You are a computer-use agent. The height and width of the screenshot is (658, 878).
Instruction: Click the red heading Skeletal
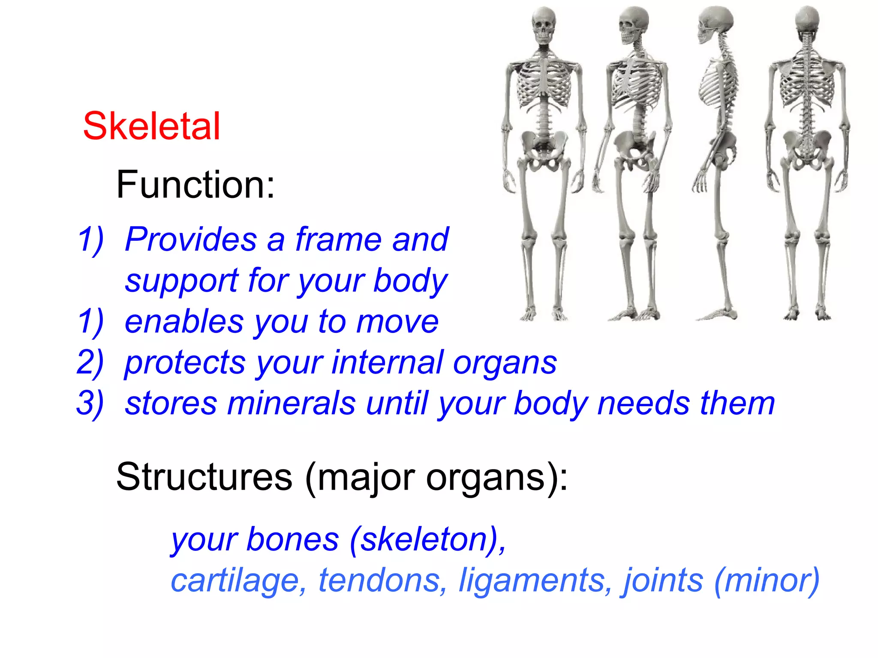151,126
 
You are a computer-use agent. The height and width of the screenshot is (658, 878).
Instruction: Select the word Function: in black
195,185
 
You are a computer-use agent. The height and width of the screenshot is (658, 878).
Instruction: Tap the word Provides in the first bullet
191,239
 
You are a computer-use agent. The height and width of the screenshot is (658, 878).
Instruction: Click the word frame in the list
338,239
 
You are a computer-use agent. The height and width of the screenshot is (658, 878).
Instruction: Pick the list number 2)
90,362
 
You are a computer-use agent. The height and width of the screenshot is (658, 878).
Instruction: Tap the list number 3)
90,403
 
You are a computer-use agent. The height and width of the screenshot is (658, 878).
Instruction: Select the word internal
388,362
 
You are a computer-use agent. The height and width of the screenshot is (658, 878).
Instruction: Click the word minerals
291,403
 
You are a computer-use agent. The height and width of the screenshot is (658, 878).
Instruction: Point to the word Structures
204,477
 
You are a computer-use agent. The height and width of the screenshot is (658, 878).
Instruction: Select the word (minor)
767,580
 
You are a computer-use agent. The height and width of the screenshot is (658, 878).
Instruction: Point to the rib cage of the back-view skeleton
807,81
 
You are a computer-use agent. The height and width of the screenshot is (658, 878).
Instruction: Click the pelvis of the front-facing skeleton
544,148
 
